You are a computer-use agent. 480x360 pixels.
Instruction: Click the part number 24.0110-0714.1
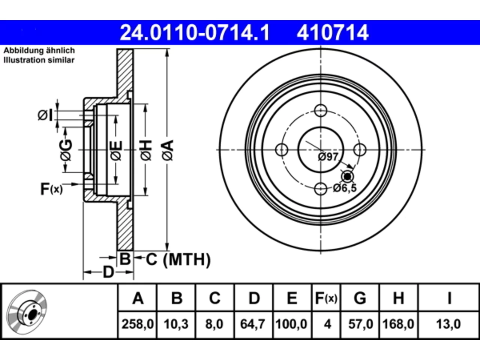195,33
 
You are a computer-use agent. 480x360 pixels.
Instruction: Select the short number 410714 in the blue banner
332,33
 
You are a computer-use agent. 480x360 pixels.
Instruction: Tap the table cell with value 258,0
137,324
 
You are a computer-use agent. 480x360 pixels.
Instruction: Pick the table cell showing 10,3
176,324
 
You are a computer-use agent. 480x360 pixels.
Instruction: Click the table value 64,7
253,324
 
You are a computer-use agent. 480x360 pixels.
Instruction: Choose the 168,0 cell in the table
398,324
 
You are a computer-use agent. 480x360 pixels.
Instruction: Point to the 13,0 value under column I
448,324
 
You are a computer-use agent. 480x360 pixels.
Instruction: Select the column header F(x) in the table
326,298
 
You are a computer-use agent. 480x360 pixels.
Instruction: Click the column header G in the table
360,298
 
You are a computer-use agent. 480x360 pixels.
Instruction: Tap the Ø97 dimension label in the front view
328,157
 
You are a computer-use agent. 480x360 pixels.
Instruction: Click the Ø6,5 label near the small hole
345,188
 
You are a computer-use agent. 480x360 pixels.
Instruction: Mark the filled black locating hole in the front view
347,176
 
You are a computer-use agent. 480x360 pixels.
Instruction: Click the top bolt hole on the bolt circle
321,111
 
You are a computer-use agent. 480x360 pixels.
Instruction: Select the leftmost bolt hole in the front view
282,150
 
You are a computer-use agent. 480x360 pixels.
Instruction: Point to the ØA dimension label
168,150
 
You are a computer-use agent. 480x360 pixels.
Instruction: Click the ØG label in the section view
66,150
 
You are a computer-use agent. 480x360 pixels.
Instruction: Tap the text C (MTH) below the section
178,259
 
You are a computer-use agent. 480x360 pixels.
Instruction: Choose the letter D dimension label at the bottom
108,272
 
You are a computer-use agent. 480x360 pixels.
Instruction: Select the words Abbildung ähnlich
39,51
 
